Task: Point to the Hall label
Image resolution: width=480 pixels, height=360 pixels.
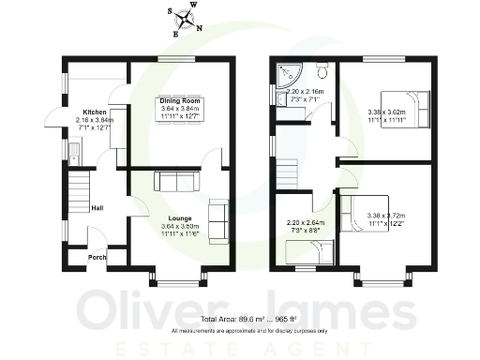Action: (97, 208)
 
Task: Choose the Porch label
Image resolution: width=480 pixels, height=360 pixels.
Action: (96, 257)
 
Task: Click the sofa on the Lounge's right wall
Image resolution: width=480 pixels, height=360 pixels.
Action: (217, 217)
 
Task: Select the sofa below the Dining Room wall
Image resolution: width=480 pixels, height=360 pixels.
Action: (174, 181)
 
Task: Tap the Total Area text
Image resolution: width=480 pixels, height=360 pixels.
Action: (248, 320)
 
